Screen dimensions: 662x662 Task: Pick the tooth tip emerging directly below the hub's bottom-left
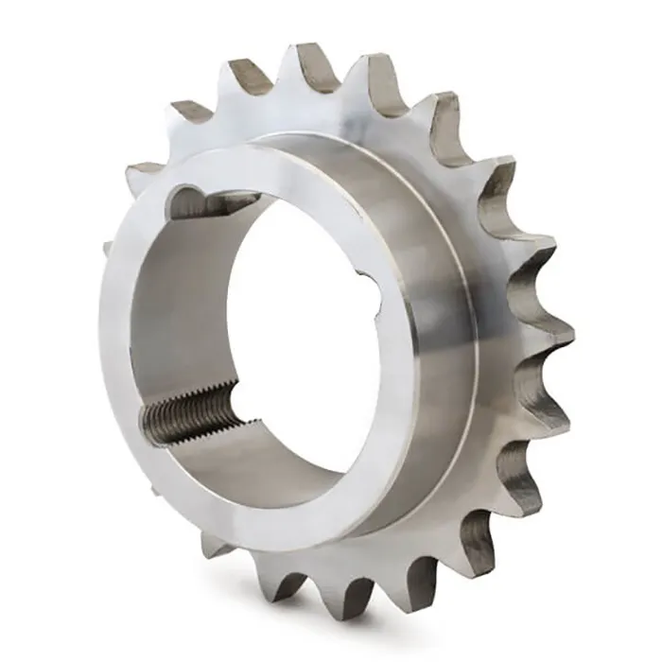(x=213, y=545)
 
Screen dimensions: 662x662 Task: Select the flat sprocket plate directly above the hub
(x=312, y=113)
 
